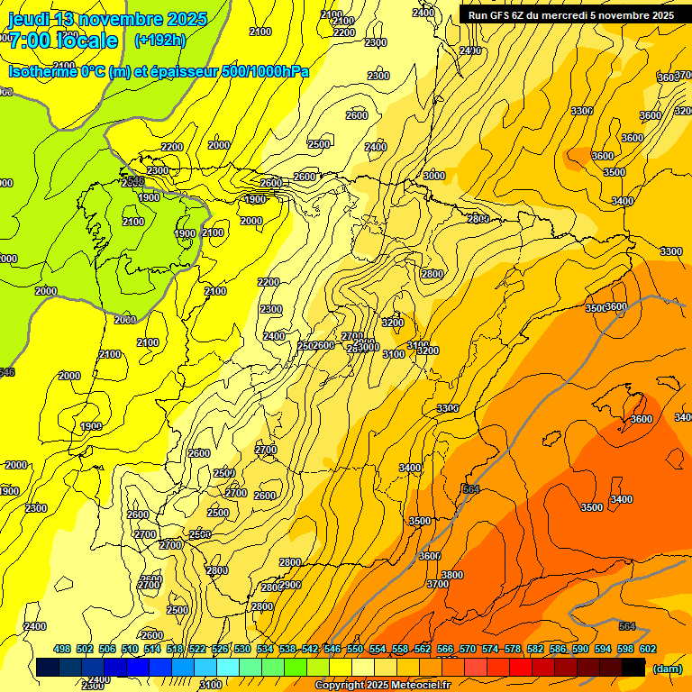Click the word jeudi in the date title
(x=30, y=19)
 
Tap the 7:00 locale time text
(x=63, y=41)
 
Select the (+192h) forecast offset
(x=159, y=41)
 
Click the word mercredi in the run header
(x=587, y=15)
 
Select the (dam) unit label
(x=667, y=669)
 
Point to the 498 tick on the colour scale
(x=62, y=649)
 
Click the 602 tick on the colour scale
(x=647, y=649)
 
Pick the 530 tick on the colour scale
(x=242, y=649)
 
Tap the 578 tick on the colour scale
(x=512, y=649)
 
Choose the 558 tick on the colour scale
(x=400, y=649)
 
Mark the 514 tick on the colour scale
(x=152, y=649)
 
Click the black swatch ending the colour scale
(x=633, y=668)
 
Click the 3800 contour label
(x=451, y=575)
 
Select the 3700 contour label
(x=437, y=584)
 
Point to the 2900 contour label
(x=290, y=585)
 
